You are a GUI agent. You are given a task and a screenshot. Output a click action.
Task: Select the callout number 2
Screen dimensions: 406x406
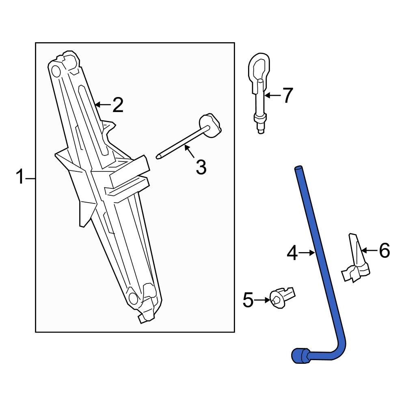117,105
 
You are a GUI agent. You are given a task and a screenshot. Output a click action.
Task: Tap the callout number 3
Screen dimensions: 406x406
201,167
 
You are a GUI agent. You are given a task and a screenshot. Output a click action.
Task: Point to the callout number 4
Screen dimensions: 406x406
292,253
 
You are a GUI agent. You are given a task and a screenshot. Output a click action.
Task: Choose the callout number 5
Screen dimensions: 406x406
248,300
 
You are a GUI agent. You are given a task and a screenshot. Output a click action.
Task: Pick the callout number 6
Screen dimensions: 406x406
384,251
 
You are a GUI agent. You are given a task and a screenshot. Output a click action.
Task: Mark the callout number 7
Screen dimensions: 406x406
287,96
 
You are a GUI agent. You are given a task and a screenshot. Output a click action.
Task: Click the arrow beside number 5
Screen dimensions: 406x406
263,300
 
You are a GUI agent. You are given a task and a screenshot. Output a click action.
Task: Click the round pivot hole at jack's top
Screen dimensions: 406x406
56,71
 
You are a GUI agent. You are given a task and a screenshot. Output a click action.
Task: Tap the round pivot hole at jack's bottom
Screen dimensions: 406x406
133,299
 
